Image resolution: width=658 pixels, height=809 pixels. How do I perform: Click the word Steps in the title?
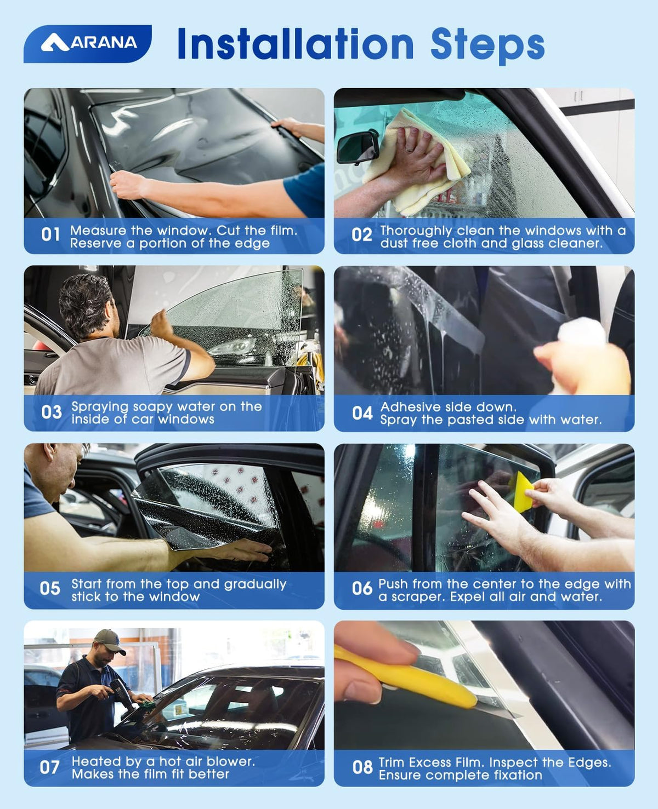(487, 46)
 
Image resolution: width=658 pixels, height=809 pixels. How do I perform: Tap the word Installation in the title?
(296, 43)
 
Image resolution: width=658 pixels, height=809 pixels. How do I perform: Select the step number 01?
(50, 234)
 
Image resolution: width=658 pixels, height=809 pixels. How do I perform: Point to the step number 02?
(361, 235)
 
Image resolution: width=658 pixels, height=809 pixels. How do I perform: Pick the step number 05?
(50, 588)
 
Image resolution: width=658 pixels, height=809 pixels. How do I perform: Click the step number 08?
(362, 767)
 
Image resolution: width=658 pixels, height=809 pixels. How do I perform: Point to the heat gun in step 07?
(122, 692)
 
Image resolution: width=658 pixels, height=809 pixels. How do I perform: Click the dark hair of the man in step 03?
(86, 303)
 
